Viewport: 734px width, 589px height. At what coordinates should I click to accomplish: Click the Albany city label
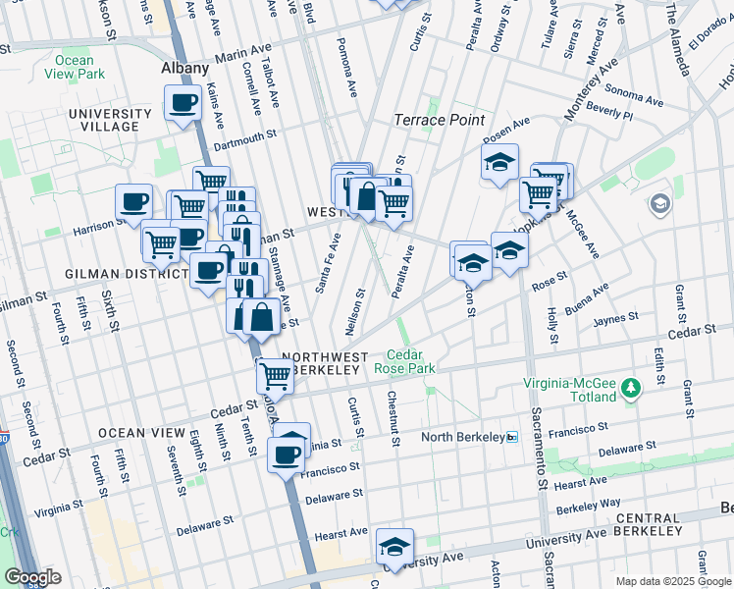click(x=185, y=68)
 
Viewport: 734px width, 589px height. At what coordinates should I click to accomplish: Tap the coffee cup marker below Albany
click(x=182, y=102)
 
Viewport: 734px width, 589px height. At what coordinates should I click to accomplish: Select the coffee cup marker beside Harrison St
click(x=134, y=203)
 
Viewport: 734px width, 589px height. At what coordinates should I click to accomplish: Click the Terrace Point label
click(x=439, y=120)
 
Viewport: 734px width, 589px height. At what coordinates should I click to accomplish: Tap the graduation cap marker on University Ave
click(x=394, y=547)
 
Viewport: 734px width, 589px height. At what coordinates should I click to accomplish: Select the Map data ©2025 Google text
click(x=673, y=581)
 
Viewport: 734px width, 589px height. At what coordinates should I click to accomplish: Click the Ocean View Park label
click(x=69, y=67)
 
